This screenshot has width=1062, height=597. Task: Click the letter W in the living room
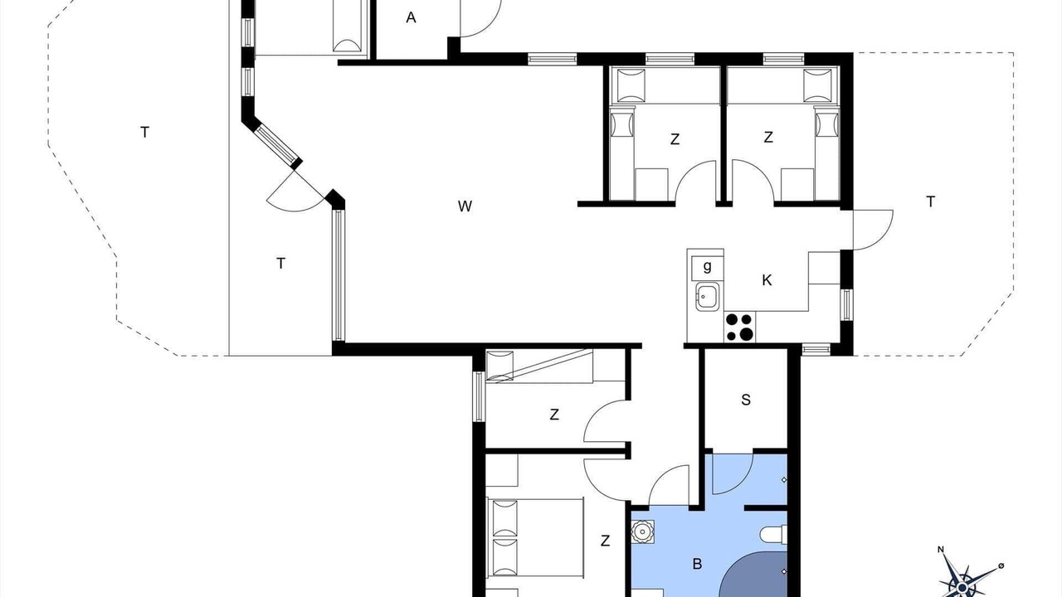coord(465,206)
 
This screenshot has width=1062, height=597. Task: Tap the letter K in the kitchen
coord(767,280)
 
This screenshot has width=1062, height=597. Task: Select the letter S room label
coord(746,400)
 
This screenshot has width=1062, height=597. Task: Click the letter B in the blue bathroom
coord(697,564)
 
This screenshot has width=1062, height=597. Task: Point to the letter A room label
coord(411,17)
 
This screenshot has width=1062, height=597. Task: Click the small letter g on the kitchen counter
coord(708,266)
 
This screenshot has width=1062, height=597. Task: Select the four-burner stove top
coord(739,327)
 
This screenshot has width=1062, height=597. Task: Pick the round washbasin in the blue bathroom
coord(643,531)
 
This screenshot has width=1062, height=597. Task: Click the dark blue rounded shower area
coord(754,575)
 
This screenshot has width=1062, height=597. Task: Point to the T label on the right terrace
coord(931,201)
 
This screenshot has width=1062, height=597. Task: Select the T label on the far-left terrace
coord(145,132)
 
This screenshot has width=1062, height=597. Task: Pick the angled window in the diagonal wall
coord(277,143)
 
